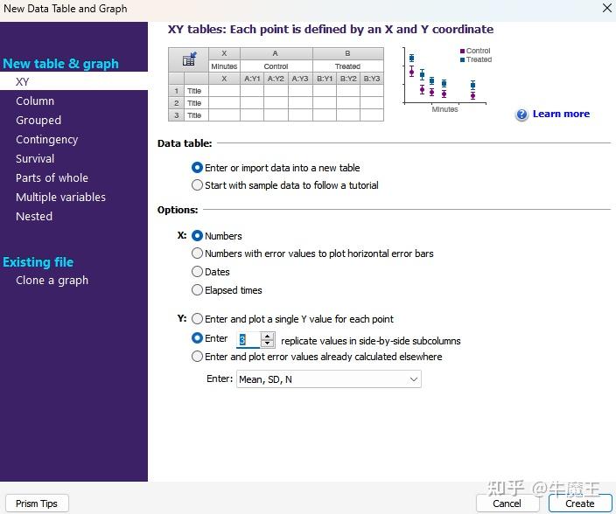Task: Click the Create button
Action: click(x=580, y=504)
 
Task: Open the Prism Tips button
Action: click(x=37, y=504)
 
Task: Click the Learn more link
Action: click(x=561, y=114)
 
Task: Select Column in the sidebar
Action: click(x=35, y=101)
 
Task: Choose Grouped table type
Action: click(x=38, y=120)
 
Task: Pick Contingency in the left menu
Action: click(x=46, y=140)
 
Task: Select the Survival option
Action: click(x=35, y=158)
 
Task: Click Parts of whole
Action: click(x=52, y=177)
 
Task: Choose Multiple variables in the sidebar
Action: click(x=60, y=197)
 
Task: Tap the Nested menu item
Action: click(x=34, y=216)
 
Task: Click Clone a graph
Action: click(x=52, y=280)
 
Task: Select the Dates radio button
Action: click(x=197, y=272)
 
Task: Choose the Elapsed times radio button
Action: click(x=197, y=290)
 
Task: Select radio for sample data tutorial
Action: click(x=197, y=184)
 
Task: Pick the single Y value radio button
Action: click(x=197, y=318)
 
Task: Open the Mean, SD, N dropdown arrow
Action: click(x=413, y=379)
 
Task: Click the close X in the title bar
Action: click(x=607, y=8)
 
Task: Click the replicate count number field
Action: click(x=248, y=340)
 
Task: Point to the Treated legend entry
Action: click(x=476, y=59)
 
